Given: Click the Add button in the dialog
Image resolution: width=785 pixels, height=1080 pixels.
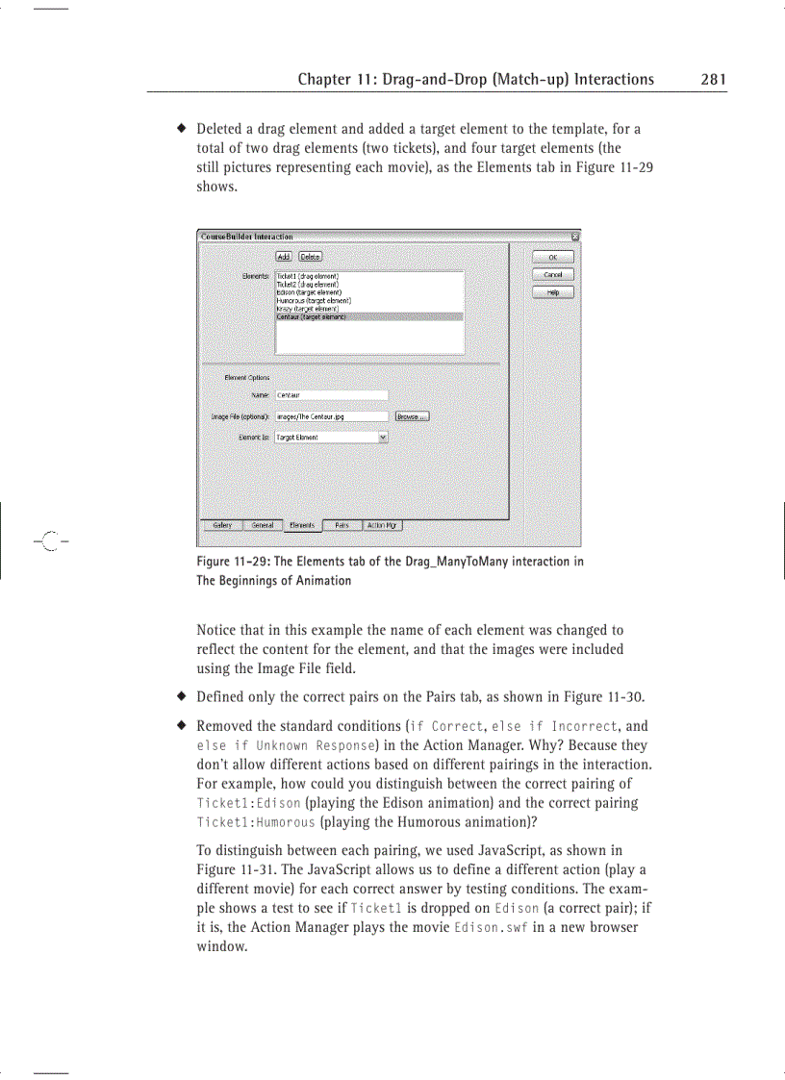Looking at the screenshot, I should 284,256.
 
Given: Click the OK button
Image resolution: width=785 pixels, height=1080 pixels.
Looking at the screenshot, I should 552,257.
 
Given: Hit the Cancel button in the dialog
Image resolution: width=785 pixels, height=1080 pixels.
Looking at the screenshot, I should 552,275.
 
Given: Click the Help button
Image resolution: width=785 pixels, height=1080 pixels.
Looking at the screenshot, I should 552,292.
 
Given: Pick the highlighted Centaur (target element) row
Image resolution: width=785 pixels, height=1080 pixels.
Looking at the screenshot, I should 312,316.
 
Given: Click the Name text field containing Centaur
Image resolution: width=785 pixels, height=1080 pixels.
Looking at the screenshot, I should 331,394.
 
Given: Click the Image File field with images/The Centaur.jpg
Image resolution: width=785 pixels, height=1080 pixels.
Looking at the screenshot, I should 331,416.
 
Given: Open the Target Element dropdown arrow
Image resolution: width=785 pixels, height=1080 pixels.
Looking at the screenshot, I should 383,437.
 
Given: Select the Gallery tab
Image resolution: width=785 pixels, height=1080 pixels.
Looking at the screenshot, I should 222,525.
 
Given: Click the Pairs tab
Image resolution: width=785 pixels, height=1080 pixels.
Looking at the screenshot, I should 342,525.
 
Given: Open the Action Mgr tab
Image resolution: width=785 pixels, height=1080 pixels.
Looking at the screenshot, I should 382,525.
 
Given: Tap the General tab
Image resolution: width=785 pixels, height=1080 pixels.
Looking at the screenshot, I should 262,525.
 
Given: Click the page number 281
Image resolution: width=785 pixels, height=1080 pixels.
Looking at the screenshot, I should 713,80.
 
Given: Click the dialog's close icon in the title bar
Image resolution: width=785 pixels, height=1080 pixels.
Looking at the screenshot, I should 575,236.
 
